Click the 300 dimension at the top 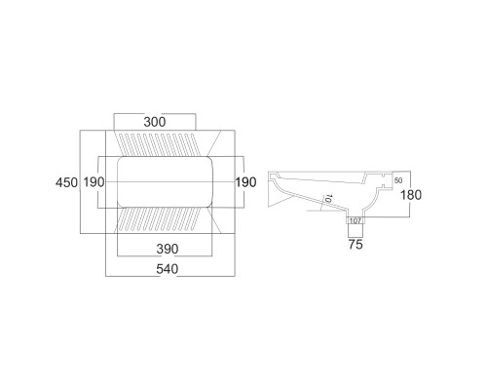[x=155, y=122]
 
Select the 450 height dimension [x=66, y=182]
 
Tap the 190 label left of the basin [x=94, y=182]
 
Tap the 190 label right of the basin [x=245, y=182]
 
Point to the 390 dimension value [x=168, y=249]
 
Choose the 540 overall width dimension [x=168, y=269]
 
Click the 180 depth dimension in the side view [x=411, y=195]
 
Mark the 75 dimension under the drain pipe [x=356, y=245]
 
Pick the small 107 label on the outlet [x=356, y=221]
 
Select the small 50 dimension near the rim [x=398, y=180]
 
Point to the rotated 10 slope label [x=328, y=199]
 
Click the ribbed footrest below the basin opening [x=158, y=219]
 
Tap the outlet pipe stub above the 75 [x=356, y=231]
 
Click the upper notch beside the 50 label [x=383, y=175]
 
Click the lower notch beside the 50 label [x=383, y=186]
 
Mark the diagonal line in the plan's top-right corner [x=214, y=143]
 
